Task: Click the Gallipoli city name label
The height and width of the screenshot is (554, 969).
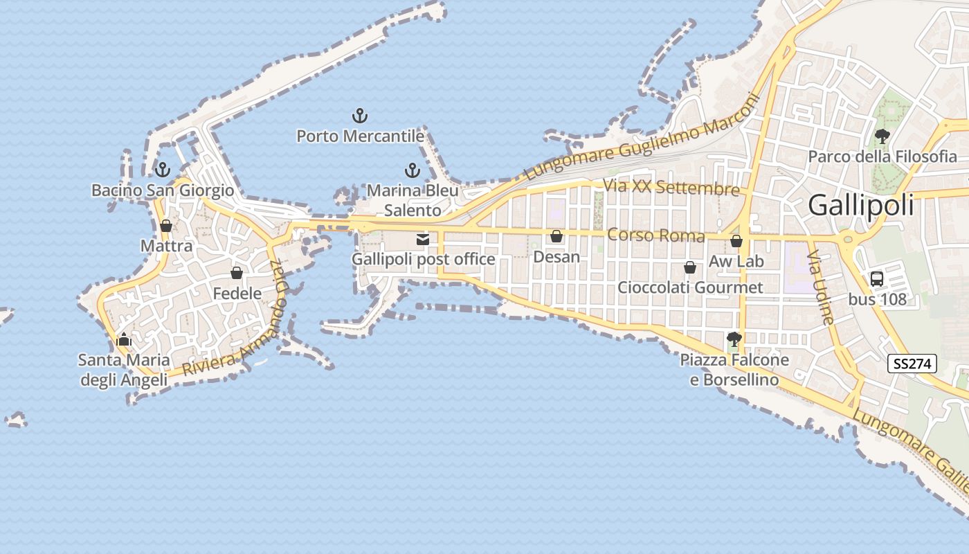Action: click(x=861, y=205)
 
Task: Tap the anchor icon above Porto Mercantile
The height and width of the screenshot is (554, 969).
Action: click(x=359, y=115)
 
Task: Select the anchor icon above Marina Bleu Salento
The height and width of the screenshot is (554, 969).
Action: click(x=413, y=170)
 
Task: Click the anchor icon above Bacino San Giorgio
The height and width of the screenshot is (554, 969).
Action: click(x=163, y=169)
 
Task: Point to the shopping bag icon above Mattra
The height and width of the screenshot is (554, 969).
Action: click(x=166, y=226)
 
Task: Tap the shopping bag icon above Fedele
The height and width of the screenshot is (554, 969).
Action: click(x=237, y=273)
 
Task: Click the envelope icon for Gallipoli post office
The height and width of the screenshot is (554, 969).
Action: click(x=423, y=240)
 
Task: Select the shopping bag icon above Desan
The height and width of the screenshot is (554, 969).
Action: click(x=556, y=237)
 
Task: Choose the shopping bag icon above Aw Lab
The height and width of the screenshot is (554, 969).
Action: click(x=736, y=241)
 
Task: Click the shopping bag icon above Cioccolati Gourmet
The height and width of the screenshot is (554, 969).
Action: click(x=690, y=267)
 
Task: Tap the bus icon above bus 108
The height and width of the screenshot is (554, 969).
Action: click(x=877, y=279)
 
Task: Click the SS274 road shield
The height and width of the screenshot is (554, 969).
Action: click(x=912, y=364)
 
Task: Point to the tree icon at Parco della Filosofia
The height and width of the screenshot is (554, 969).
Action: click(x=882, y=136)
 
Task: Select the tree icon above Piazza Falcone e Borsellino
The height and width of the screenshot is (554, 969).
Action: click(x=734, y=339)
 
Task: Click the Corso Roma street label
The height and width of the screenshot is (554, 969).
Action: click(x=655, y=235)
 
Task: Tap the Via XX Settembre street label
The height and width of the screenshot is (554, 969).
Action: click(x=671, y=187)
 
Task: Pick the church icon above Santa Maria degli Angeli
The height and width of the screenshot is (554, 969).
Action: click(x=124, y=339)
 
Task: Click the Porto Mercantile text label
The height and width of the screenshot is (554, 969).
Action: click(x=360, y=136)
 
